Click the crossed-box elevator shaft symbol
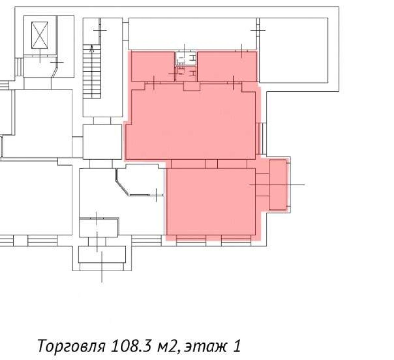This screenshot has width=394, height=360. [x=40, y=35]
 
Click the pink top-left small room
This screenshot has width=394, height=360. [x=153, y=66]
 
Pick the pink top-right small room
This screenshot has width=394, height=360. [x=227, y=66]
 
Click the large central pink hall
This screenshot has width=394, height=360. [x=191, y=124]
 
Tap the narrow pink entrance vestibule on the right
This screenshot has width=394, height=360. [x=277, y=185]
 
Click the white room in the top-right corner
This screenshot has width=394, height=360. [x=294, y=50]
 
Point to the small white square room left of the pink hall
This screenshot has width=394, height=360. [x=102, y=142]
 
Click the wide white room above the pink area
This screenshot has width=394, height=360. [x=192, y=33]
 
